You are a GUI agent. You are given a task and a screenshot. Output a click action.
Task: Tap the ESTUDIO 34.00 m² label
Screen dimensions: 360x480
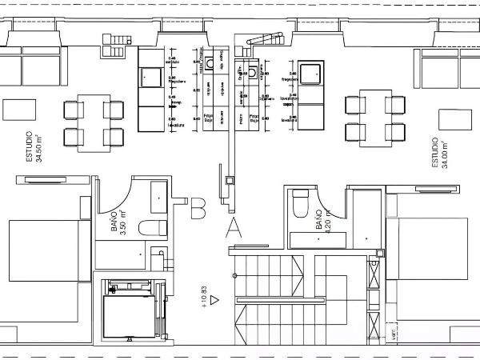coord(441,152)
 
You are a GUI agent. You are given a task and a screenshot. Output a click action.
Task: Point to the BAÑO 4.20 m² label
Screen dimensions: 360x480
coord(323,218)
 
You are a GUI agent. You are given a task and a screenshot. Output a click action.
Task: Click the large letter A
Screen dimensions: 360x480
coord(234,228)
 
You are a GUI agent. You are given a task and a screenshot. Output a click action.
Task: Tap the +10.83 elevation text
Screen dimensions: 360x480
coord(205,296)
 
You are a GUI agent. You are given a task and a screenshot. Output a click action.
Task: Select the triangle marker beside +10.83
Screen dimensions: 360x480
coord(214,299)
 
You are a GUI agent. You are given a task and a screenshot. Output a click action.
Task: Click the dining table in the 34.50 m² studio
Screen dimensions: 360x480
coord(94,122)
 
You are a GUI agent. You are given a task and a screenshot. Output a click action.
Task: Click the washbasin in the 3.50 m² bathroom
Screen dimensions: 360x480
coord(158,193)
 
